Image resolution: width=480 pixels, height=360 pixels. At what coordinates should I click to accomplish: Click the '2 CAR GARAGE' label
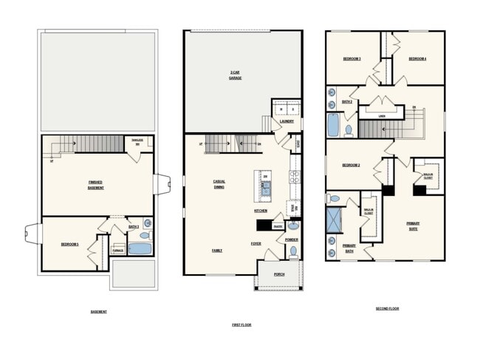point(235,74)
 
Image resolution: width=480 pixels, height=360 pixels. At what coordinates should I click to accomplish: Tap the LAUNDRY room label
point(287,121)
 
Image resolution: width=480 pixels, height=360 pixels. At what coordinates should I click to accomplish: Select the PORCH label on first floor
point(279,274)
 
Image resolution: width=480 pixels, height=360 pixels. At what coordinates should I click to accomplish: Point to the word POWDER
point(292,240)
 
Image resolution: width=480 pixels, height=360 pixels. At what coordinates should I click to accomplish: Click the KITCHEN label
point(261,211)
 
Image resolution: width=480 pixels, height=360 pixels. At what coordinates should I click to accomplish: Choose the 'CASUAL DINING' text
point(219,184)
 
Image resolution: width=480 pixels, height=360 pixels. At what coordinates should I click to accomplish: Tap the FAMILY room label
point(217,251)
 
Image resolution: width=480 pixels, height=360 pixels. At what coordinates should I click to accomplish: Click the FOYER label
point(256,243)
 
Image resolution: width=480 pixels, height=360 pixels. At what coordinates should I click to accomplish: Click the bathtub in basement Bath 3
point(140,249)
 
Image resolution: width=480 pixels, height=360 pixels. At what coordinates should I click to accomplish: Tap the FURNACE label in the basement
point(117,251)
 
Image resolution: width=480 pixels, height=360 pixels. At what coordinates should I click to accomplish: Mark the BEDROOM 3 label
point(352,58)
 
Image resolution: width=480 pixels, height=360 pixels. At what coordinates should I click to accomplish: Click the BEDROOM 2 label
point(351,166)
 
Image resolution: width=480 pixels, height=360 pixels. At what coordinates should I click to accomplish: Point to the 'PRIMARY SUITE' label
point(413,225)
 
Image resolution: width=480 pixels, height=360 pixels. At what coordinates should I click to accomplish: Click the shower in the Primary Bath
point(335,220)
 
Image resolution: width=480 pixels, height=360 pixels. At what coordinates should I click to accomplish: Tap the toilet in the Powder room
point(293,251)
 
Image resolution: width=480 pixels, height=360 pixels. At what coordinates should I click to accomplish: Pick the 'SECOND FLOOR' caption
point(387,308)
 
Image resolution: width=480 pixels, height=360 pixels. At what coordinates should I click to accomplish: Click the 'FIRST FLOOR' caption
point(241,325)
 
